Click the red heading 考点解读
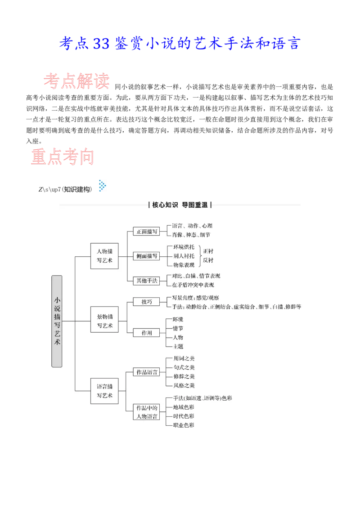point(76,81)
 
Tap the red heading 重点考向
point(63,156)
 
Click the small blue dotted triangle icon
point(103,185)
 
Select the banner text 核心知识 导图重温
point(180,205)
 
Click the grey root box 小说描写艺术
point(57,321)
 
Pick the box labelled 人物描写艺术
point(104,256)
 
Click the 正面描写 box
point(147,231)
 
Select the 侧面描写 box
point(147,256)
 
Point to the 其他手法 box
point(147,281)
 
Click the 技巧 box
point(147,302)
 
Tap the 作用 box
point(147,333)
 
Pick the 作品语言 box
point(147,372)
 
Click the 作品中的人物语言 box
point(147,412)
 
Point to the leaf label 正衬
point(208,251)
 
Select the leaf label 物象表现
point(184,264)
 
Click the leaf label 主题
point(178,346)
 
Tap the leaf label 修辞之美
point(184,376)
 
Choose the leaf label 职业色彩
point(184,425)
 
